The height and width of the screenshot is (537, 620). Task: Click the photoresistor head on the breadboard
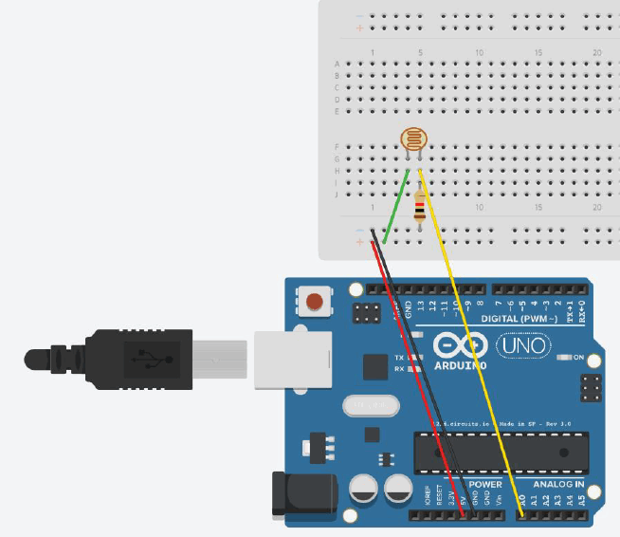[413, 141]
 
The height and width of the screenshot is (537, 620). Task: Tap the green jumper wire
[397, 206]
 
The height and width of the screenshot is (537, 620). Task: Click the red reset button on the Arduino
[313, 303]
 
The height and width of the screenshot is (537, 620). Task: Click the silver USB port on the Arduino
[292, 360]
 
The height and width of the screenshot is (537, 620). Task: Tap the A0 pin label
[521, 498]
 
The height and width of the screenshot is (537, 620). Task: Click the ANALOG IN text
[556, 484]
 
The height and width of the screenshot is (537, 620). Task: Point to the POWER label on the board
[485, 484]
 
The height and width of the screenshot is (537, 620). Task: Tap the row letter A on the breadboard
[337, 64]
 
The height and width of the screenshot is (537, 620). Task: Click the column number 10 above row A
[480, 51]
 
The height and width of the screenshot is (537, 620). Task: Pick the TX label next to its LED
[398, 357]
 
